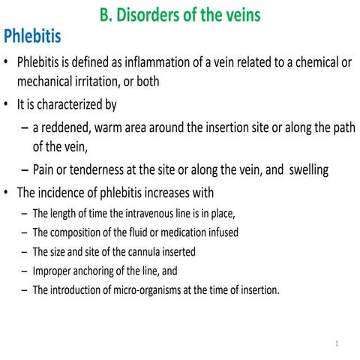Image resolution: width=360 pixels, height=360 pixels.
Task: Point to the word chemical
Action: point(314,62)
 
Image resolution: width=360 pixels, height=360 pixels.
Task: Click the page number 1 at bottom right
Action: point(338,344)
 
